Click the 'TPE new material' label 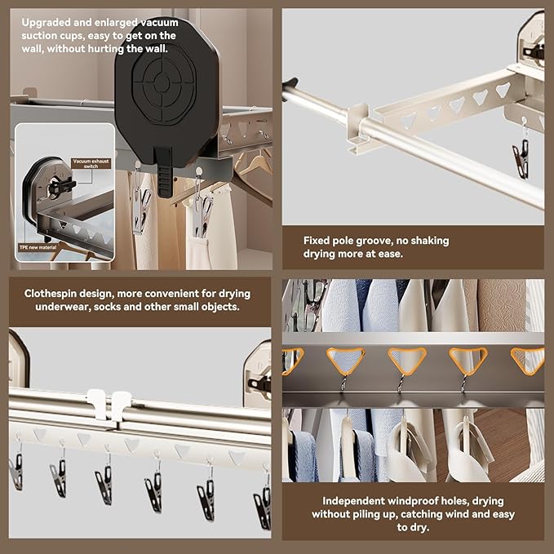click(37, 246)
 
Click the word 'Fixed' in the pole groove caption click(317, 241)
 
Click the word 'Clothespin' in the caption click(53, 293)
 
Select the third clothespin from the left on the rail click(103, 485)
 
